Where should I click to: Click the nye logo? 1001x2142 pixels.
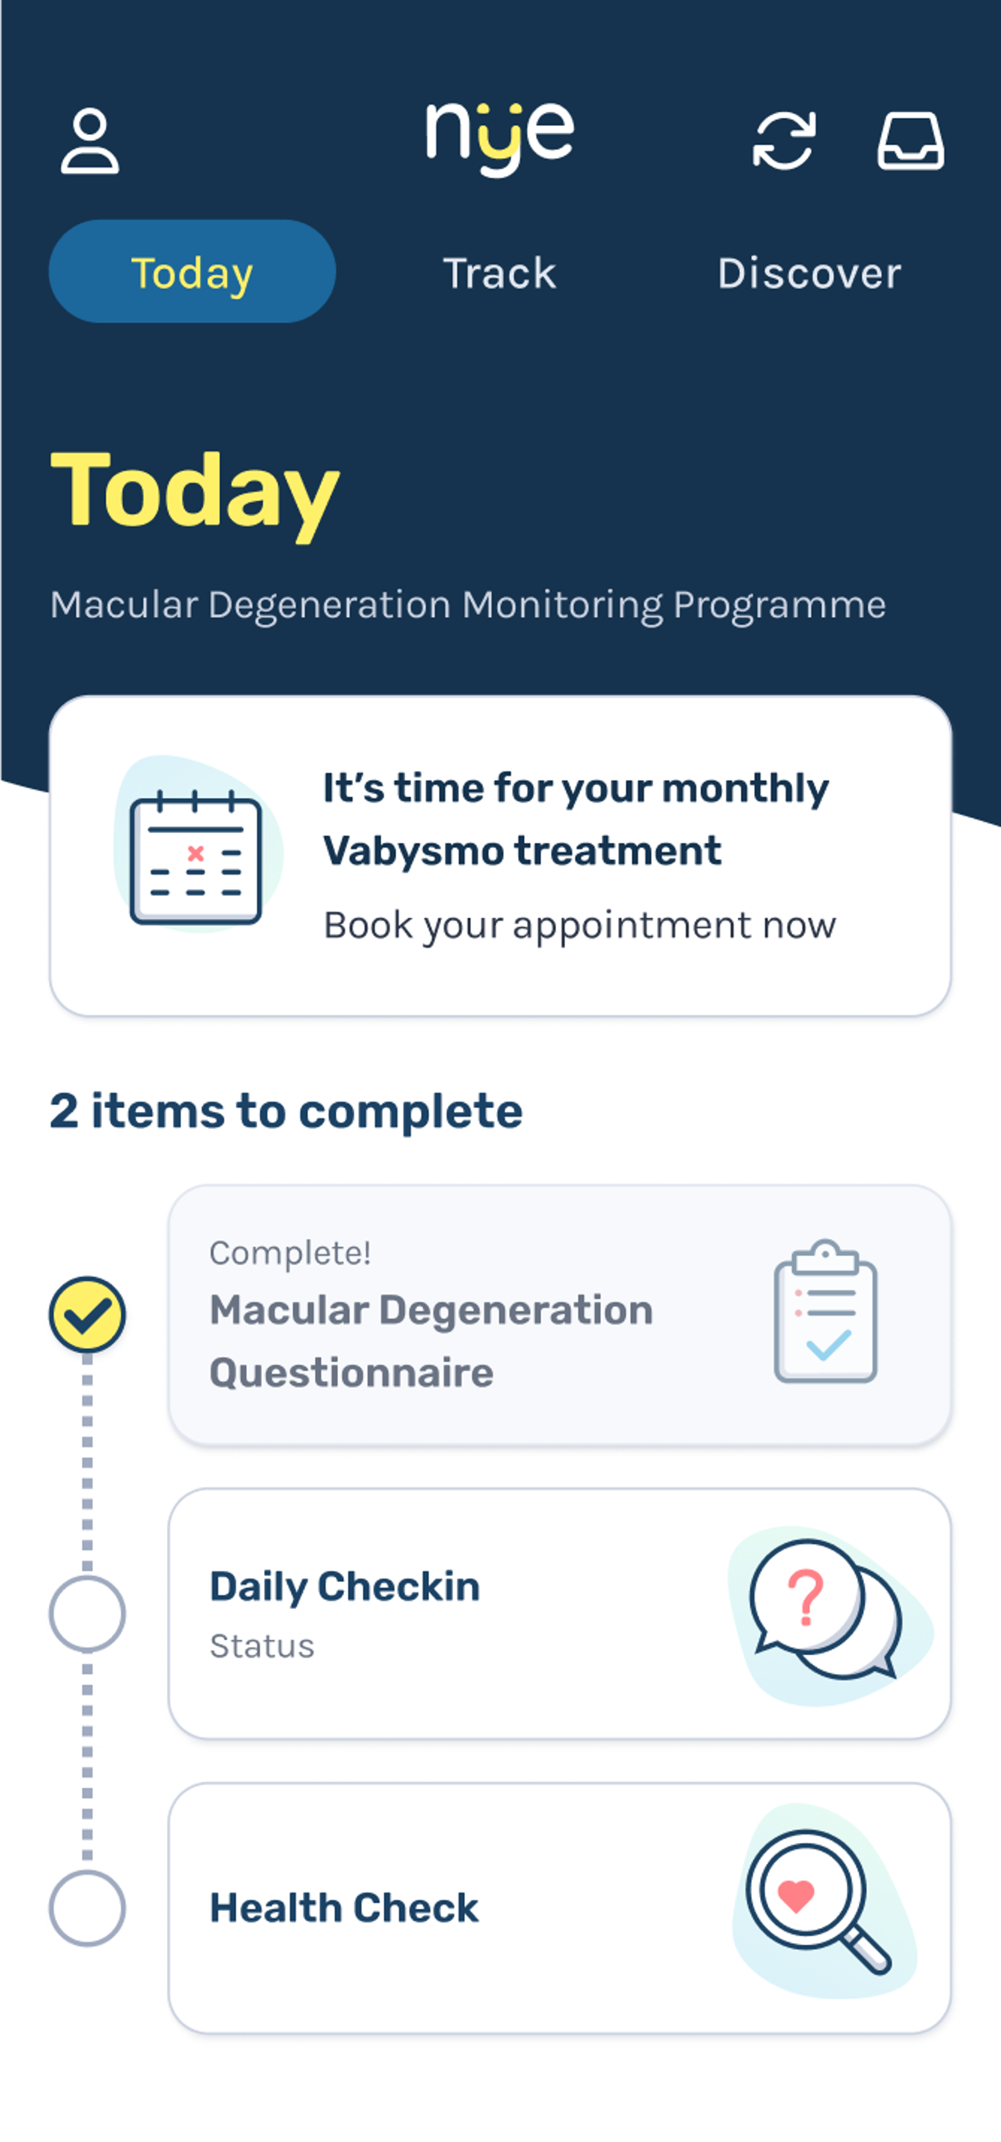[x=500, y=137]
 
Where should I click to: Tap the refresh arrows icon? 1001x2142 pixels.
[x=783, y=141]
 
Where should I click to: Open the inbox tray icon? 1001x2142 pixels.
[x=910, y=141]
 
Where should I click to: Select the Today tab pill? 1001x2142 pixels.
[x=192, y=272]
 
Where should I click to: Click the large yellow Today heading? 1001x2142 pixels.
[x=196, y=492]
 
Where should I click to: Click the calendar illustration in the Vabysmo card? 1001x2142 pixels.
[x=196, y=856]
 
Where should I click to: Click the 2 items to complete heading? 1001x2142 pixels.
[x=286, y=1111]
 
